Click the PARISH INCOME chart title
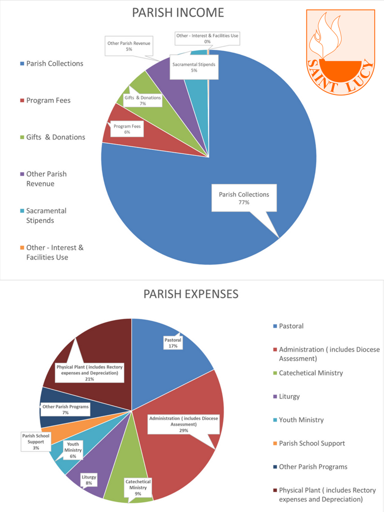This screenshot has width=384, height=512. tap(178, 13)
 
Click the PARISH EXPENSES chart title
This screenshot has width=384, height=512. tap(191, 294)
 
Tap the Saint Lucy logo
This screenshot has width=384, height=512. tap(340, 52)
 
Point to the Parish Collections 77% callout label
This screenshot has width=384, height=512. tap(244, 198)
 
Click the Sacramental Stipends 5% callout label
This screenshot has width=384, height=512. tap(193, 67)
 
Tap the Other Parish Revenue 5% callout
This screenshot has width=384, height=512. tap(129, 46)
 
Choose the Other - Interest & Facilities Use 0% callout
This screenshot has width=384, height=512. tap(207, 38)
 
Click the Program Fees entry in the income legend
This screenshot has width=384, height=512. tap(48, 100)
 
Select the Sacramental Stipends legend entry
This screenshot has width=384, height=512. tap(46, 215)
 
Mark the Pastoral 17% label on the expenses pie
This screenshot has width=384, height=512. tap(173, 342)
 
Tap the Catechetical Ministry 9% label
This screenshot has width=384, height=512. tap(138, 487)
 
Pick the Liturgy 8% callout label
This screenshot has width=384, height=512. tap(89, 480)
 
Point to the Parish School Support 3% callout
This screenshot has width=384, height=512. tap(36, 442)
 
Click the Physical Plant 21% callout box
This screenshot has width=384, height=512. tap(89, 373)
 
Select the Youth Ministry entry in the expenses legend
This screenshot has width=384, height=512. tap(301, 420)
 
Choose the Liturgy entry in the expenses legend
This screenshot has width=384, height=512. tap(289, 396)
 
